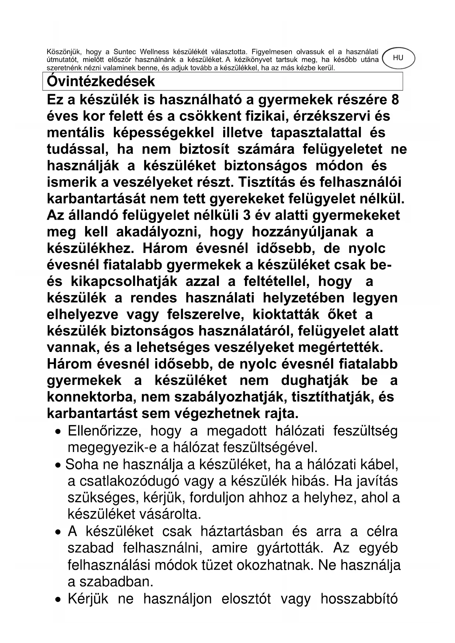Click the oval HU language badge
pyautogui.click(x=398, y=58)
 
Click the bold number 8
pyautogui.click(x=395, y=100)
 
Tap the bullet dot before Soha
pyautogui.click(x=58, y=466)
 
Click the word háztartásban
pyautogui.click(x=242, y=531)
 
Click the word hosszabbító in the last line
pyautogui.click(x=359, y=599)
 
